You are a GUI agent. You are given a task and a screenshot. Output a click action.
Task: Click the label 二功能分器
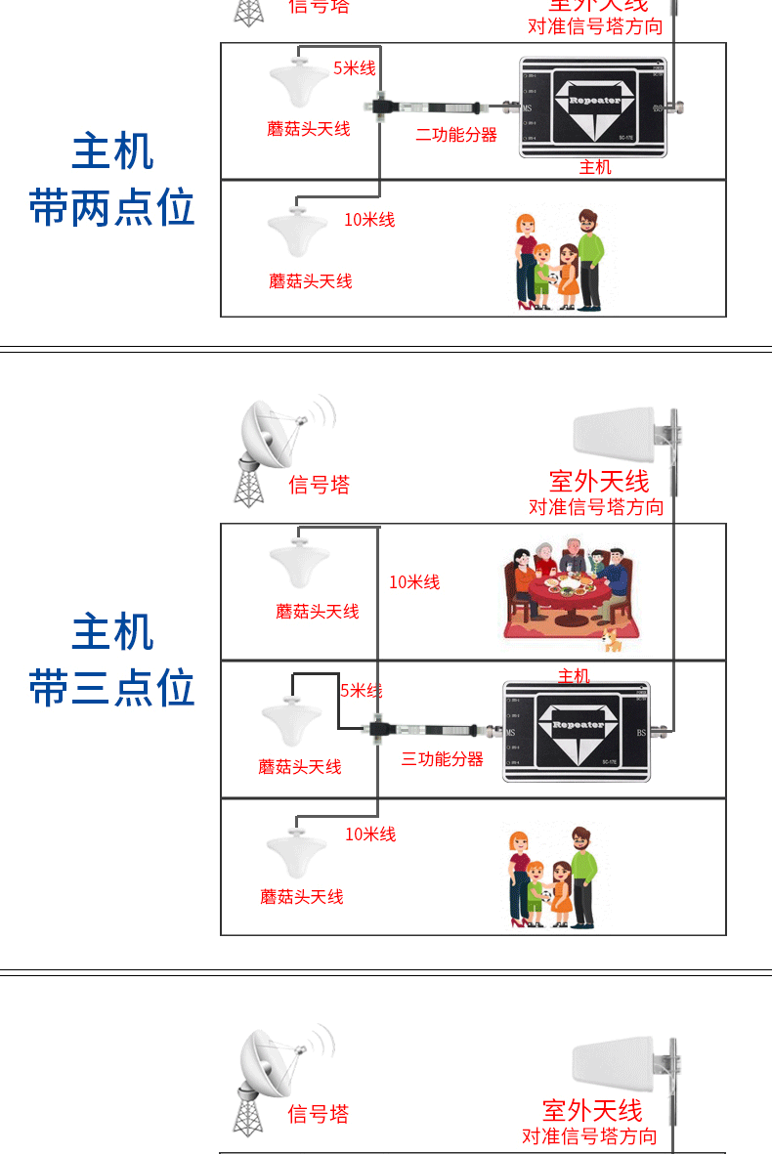455,135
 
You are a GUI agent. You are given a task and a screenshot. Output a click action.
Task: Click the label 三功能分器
442,759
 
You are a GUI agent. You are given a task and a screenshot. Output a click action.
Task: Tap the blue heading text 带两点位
111,209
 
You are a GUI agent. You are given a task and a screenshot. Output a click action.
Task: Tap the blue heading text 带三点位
111,688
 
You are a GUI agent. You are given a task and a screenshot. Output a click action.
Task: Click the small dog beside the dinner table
612,641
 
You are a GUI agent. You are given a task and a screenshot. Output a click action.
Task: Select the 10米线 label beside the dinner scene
414,582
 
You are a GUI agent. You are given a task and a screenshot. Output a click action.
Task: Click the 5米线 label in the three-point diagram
361,691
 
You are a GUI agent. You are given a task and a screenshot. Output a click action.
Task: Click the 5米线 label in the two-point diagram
354,68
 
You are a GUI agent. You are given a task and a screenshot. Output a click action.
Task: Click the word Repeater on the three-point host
578,725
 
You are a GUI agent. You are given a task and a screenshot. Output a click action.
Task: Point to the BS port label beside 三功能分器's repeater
642,732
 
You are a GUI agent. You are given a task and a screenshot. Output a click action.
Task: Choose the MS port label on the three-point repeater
510,733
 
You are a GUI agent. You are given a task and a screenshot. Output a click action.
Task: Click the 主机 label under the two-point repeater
595,167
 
